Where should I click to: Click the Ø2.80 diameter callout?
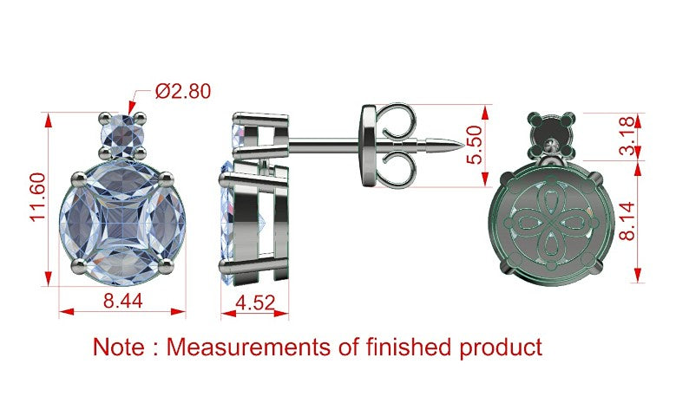(183, 91)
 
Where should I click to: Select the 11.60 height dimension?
(38, 197)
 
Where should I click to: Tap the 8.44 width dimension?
(123, 301)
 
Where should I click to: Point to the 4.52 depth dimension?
(255, 302)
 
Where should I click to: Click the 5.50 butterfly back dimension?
(475, 145)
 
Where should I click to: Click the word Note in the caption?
(119, 347)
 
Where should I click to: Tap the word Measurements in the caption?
(248, 347)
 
